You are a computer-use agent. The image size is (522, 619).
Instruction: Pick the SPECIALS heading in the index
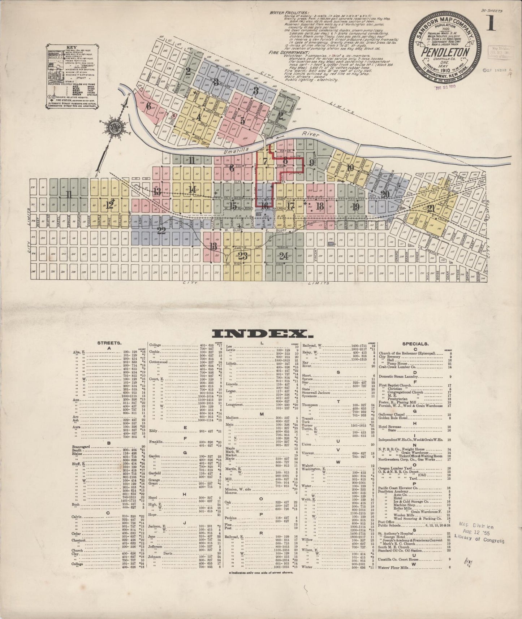(x=418, y=344)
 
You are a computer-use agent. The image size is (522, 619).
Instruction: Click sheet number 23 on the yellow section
(x=243, y=256)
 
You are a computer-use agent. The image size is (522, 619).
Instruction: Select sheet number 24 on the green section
(x=284, y=256)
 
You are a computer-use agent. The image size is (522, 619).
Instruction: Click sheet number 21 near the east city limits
(x=431, y=209)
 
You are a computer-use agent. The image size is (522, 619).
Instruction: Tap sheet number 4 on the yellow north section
(x=198, y=117)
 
